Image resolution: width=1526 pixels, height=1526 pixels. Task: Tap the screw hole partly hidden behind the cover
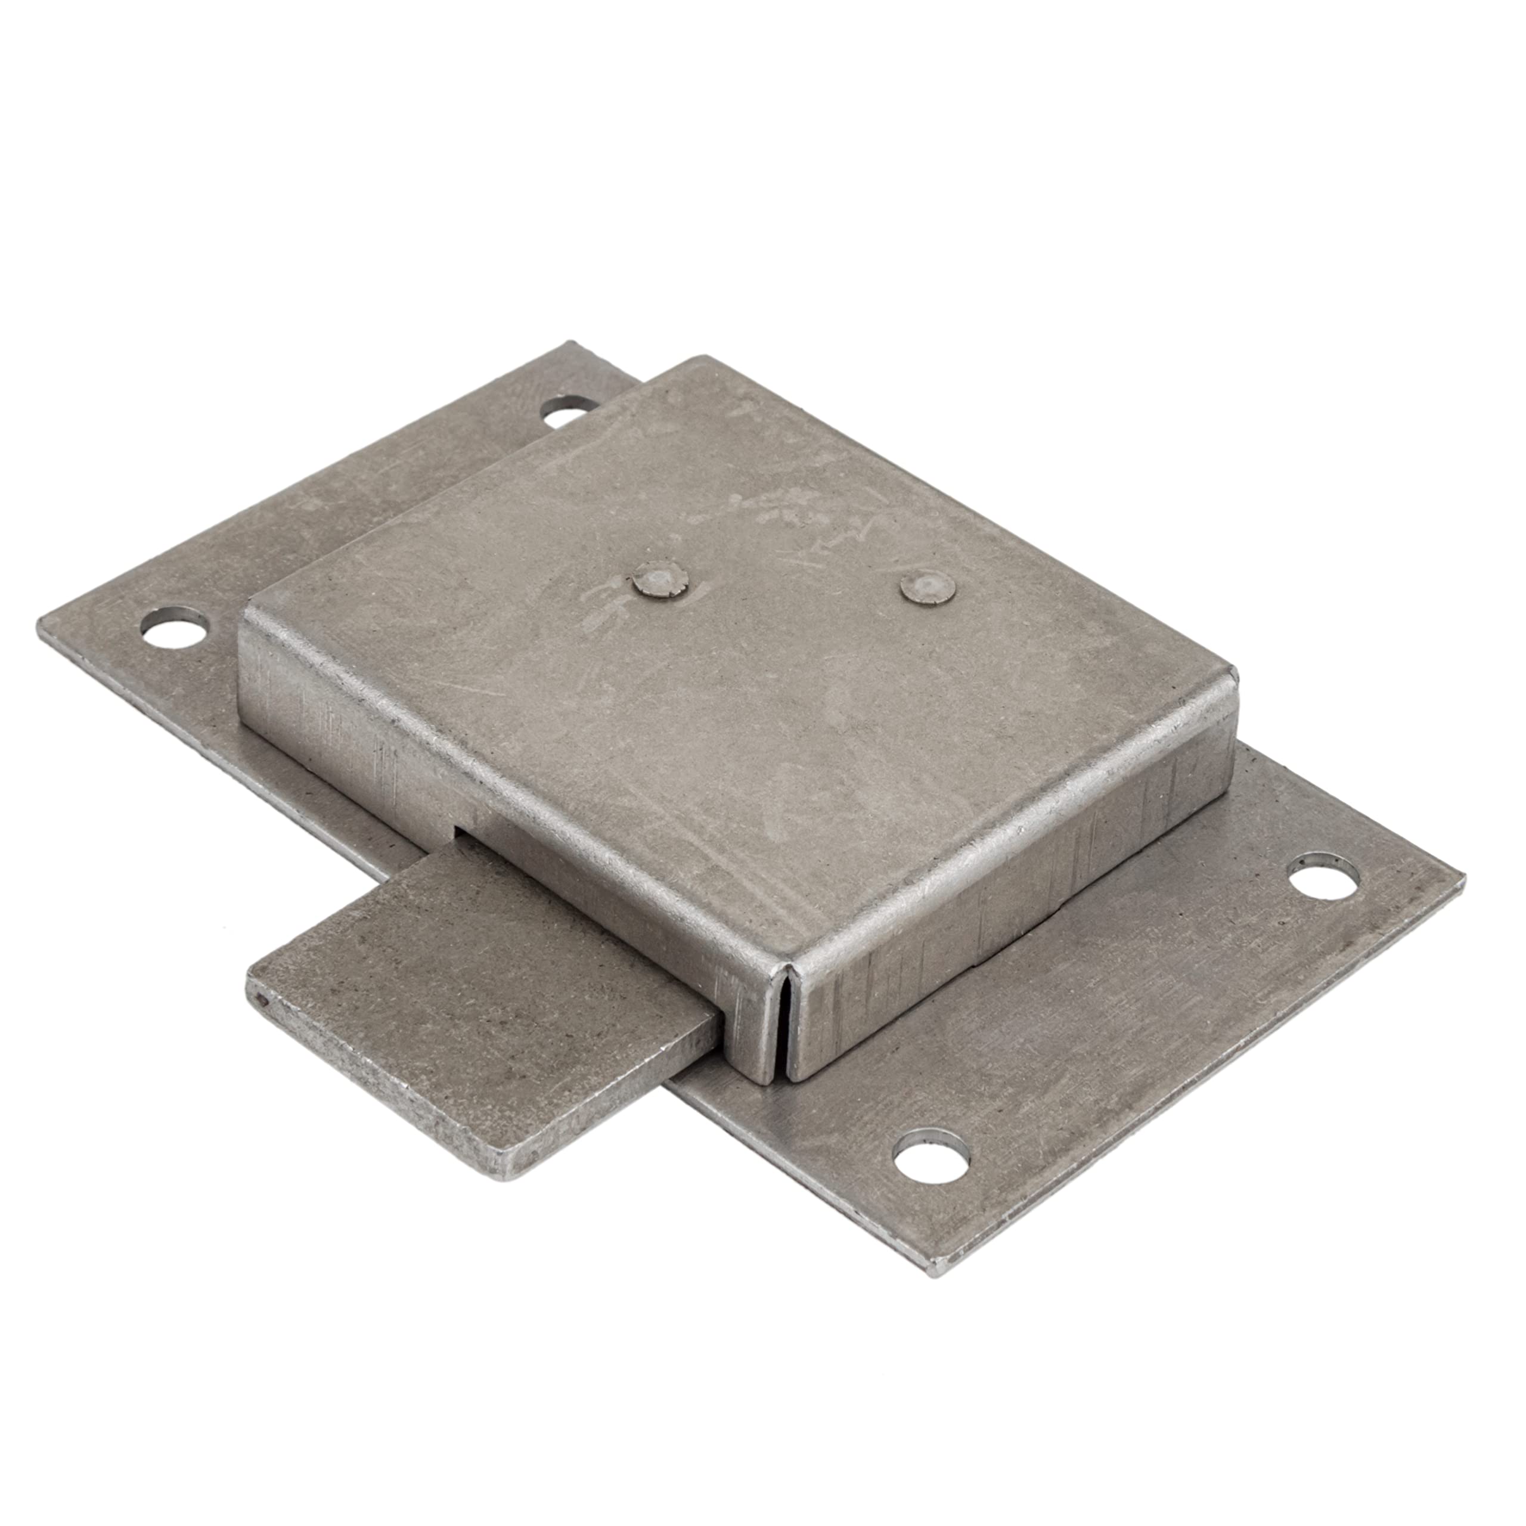[x=570, y=412]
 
